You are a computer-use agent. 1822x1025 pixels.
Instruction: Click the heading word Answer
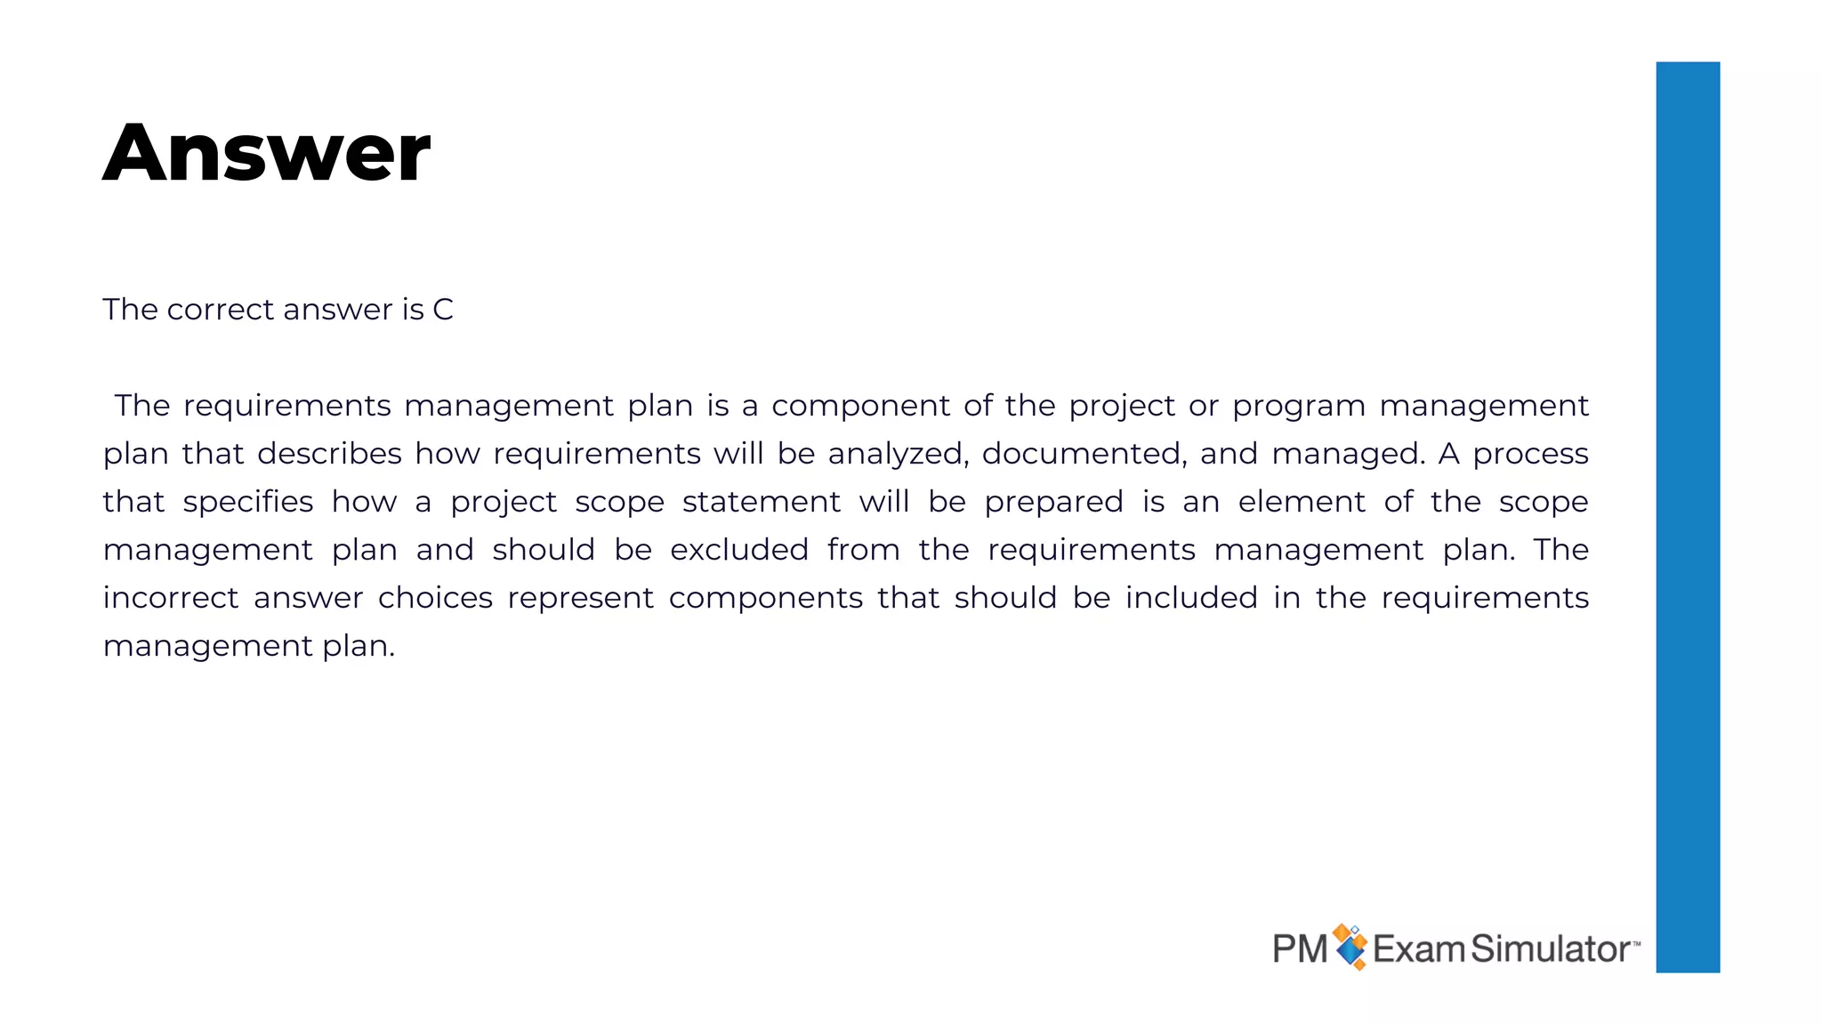[266, 153]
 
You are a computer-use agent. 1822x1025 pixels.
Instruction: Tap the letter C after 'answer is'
[442, 310]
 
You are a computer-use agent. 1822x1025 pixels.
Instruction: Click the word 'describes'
[329, 454]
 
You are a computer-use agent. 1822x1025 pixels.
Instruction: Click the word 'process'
[1530, 454]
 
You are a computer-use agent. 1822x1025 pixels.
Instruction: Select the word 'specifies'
[247, 502]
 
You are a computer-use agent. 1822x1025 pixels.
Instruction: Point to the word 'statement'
[761, 502]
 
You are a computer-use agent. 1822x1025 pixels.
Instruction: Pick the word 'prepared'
[1053, 502]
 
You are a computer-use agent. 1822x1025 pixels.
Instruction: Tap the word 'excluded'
[738, 550]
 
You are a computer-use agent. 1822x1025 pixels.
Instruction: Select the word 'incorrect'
[170, 598]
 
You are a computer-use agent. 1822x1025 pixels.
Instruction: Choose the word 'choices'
[435, 598]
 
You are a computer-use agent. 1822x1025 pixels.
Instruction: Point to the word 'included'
[1191, 598]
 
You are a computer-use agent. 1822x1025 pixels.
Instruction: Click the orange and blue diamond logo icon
[1350, 947]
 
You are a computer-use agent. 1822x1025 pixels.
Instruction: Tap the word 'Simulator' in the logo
[1550, 949]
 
